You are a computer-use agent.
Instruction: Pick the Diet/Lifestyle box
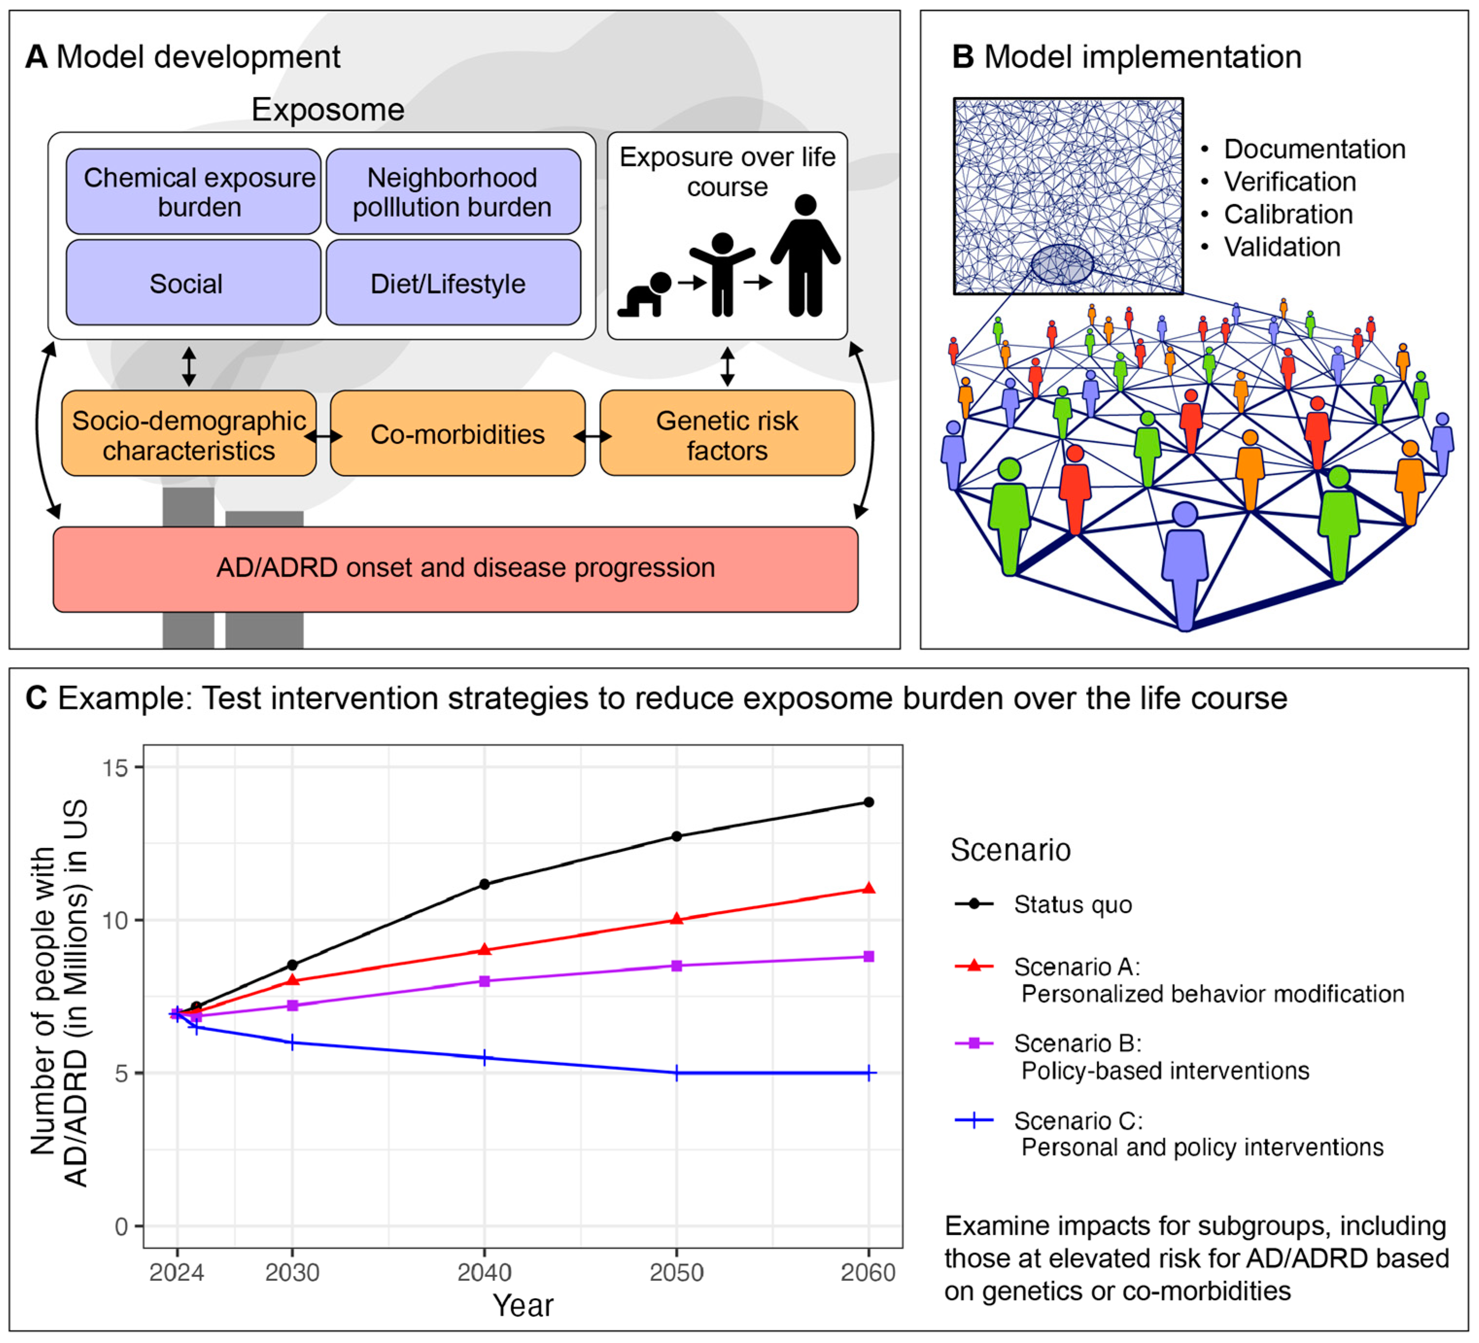453,283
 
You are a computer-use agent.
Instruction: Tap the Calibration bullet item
1288,214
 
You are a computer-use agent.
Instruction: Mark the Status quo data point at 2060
869,802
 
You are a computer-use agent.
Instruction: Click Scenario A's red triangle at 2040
484,950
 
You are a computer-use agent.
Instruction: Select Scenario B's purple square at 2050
676,966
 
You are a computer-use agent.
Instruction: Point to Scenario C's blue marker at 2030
292,1042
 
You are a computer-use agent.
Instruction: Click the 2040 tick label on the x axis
484,1272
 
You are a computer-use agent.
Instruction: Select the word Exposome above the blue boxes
328,110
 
